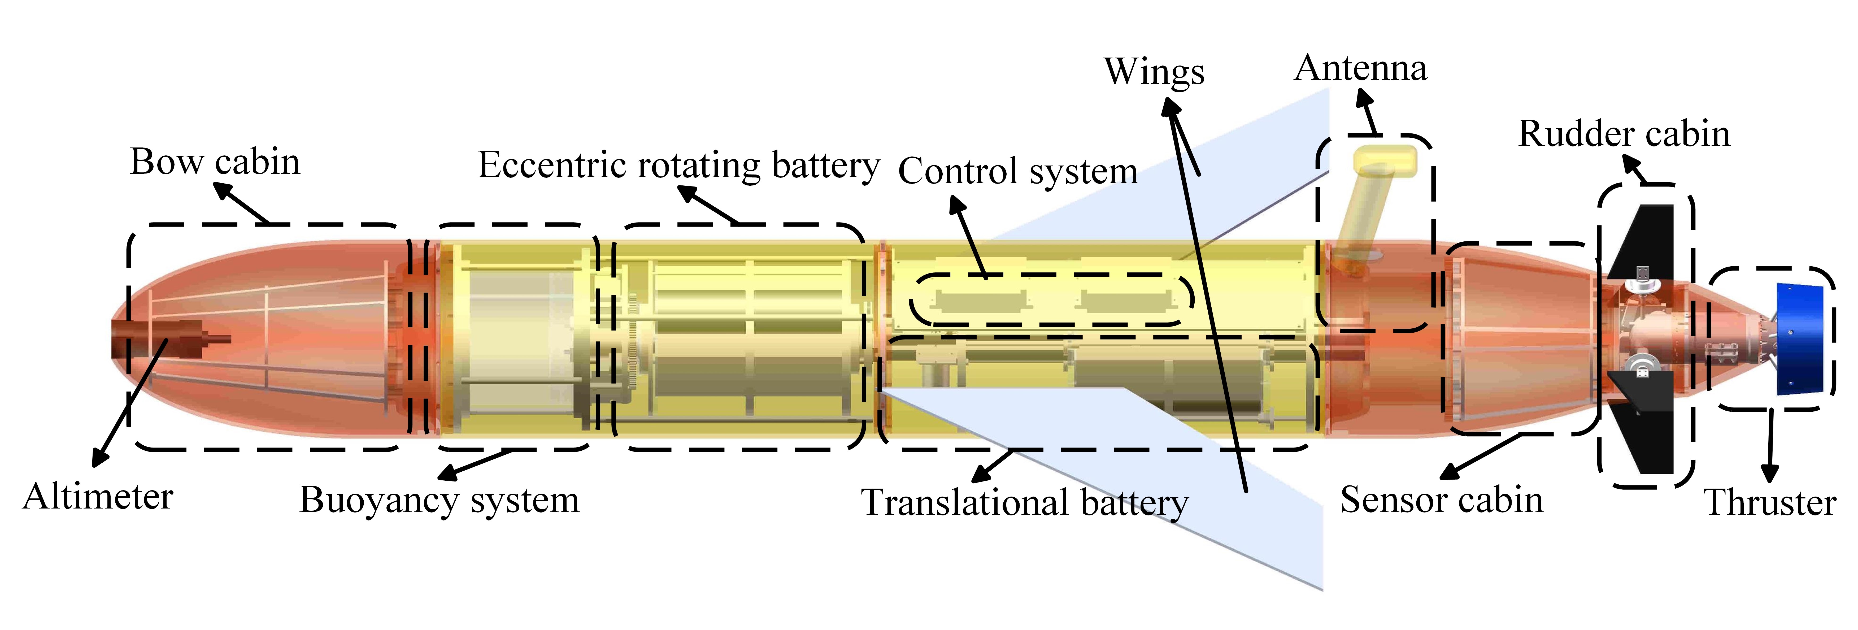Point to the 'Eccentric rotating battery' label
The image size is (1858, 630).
coord(679,165)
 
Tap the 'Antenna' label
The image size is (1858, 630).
coord(1360,68)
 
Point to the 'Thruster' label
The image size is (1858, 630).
coord(1769,502)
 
